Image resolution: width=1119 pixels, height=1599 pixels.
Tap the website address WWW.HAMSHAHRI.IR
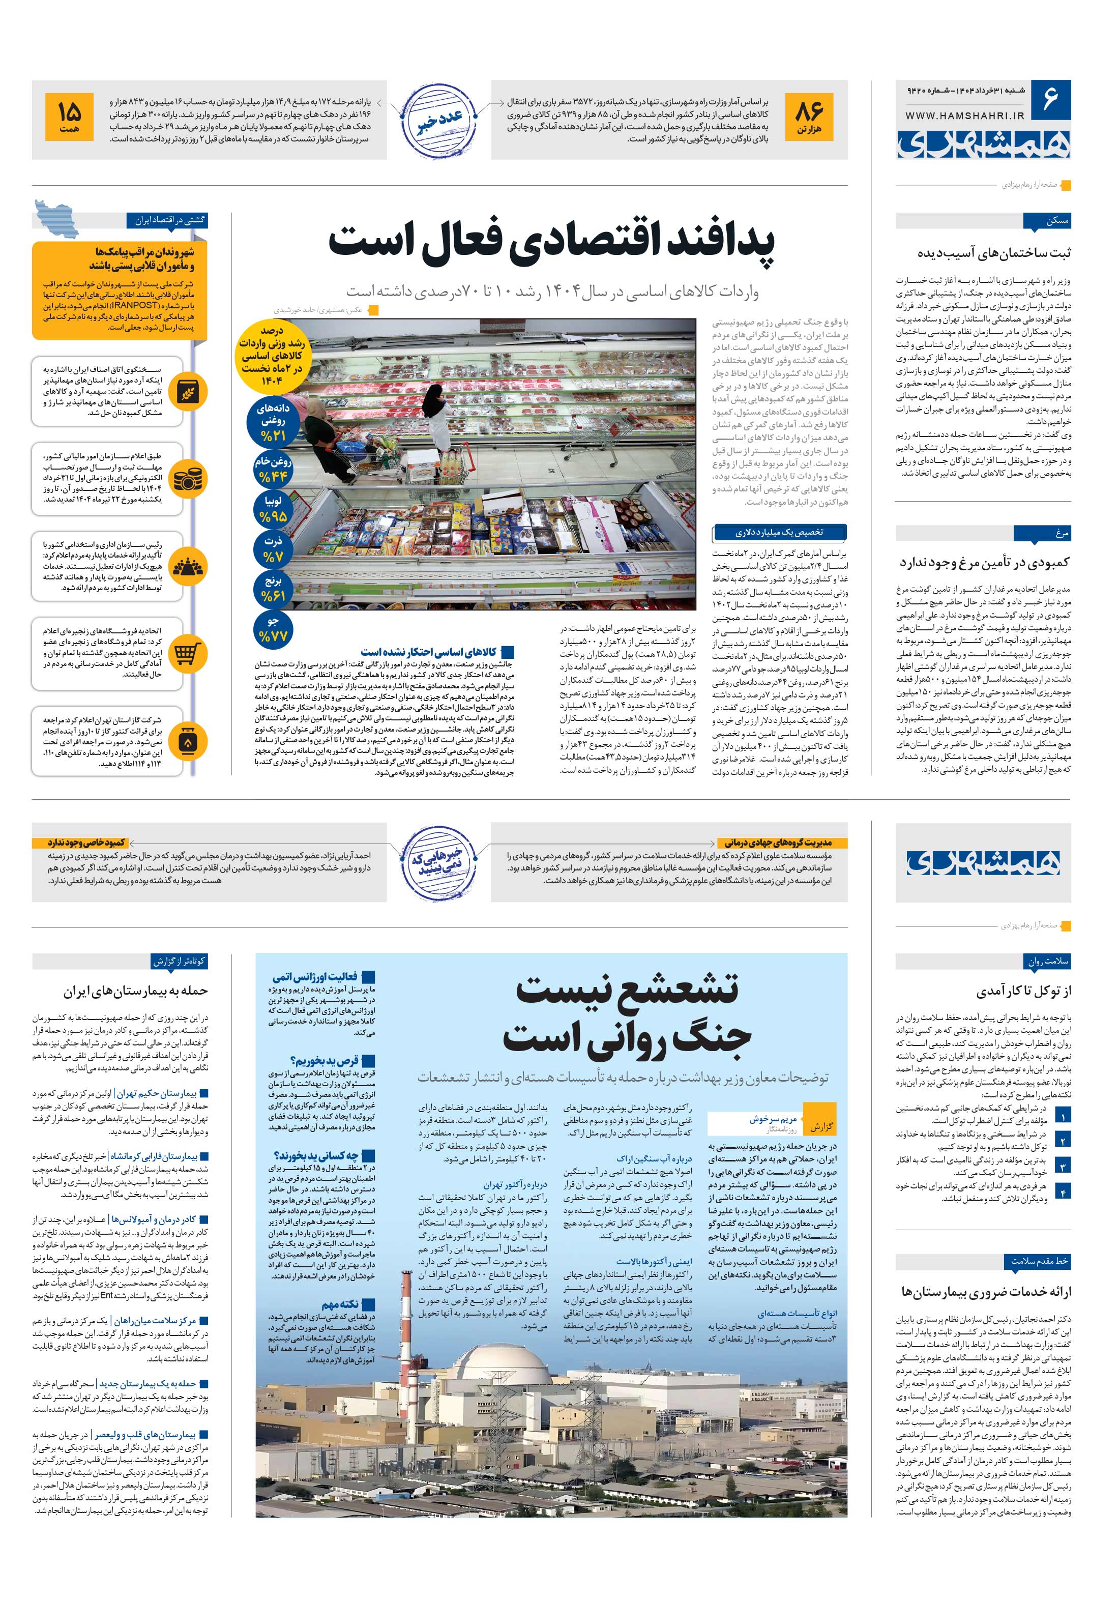[x=964, y=118]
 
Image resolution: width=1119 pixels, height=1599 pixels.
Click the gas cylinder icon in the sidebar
[x=187, y=742]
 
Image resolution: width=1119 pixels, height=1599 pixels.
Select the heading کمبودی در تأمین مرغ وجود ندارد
[x=984, y=562]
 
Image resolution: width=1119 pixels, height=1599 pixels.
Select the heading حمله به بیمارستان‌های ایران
[x=136, y=991]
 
